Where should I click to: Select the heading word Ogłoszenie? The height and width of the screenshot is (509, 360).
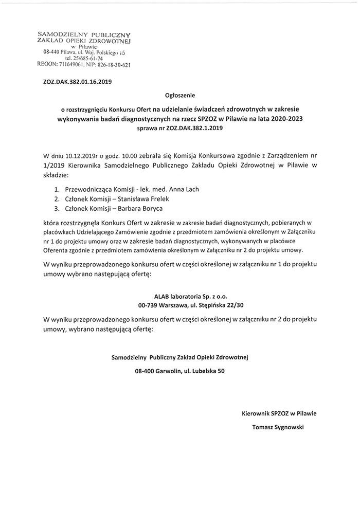(180, 95)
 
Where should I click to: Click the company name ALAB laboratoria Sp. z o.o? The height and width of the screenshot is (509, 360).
(179, 297)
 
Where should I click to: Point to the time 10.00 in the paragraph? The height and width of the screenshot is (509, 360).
(128, 155)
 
